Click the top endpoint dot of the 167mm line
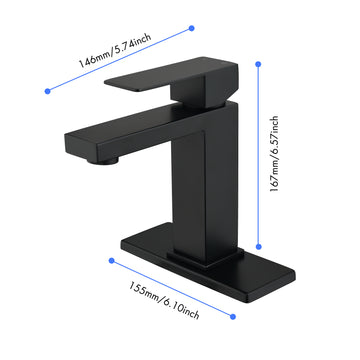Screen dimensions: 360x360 click(x=259, y=64)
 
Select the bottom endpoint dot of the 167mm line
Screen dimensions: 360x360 click(x=259, y=246)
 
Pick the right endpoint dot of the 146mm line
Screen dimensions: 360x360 click(x=191, y=30)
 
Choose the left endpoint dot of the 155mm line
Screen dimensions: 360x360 click(x=109, y=262)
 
